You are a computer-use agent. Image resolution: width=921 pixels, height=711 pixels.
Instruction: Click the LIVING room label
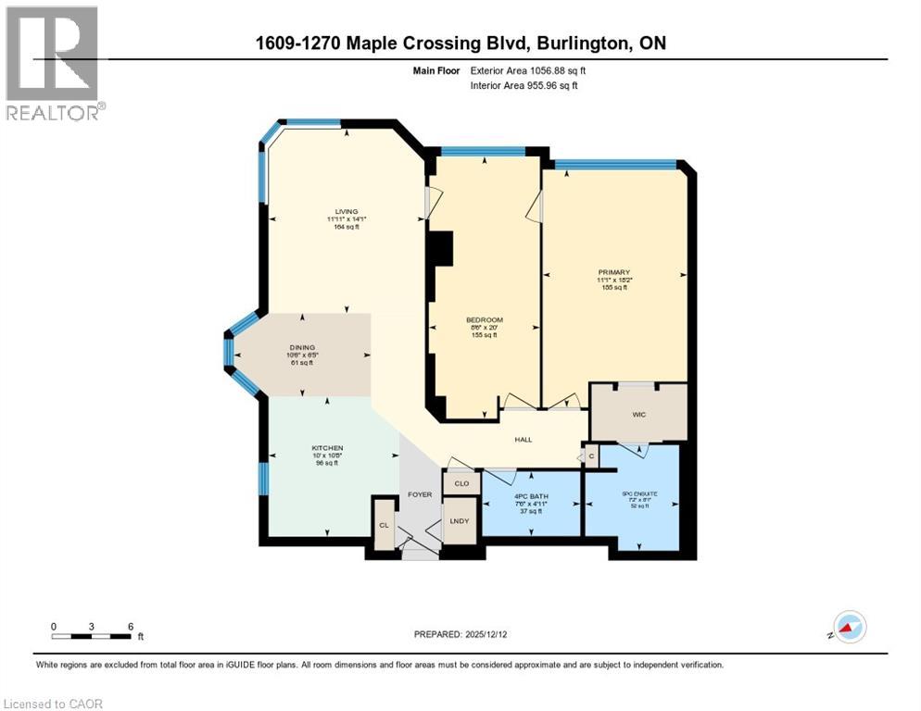(347, 211)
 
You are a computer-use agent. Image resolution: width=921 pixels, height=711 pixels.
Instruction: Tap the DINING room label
(302, 348)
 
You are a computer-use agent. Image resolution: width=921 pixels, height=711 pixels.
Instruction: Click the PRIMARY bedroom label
(614, 272)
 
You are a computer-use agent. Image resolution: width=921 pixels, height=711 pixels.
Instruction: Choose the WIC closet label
(638, 414)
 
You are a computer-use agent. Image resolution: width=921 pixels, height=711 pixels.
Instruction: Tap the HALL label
(524, 440)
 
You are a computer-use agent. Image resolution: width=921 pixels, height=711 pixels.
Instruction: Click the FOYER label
(420, 494)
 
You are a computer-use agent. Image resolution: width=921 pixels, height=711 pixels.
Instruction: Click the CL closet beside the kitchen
(384, 525)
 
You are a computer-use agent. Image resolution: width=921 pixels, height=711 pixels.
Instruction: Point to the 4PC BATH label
(531, 497)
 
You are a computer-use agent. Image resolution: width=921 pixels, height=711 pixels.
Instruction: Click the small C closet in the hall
(590, 456)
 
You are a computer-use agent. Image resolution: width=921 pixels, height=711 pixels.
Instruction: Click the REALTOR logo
(54, 64)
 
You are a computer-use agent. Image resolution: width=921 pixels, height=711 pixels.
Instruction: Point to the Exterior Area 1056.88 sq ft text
(528, 70)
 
